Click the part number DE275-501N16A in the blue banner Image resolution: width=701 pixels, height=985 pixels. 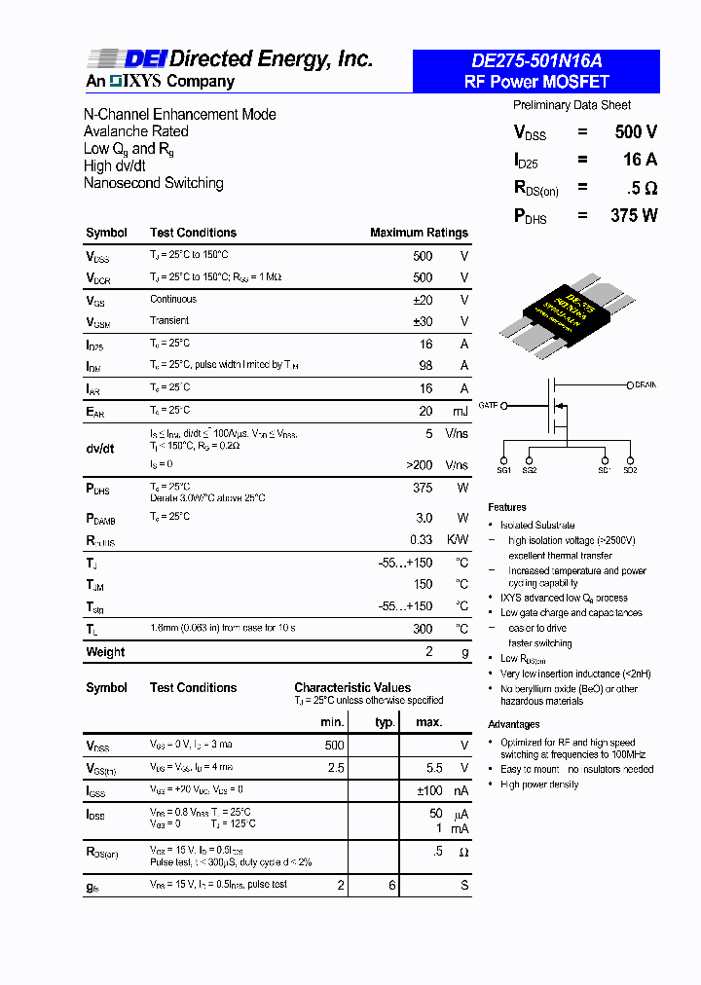(535, 61)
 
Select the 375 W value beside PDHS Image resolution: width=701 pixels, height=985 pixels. (634, 216)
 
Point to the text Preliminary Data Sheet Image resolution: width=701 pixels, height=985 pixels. (572, 105)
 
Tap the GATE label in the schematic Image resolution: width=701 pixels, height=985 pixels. (488, 404)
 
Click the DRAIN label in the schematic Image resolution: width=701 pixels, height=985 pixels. (646, 385)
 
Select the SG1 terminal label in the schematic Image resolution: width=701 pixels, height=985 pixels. (504, 470)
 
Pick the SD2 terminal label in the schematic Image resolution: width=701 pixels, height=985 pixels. (630, 470)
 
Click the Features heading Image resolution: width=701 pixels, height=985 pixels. (507, 507)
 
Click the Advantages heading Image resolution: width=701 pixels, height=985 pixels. (514, 724)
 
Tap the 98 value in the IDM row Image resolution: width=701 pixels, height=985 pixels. (425, 366)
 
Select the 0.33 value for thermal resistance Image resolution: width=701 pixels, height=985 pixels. (421, 540)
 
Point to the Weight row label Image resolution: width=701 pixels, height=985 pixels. (105, 652)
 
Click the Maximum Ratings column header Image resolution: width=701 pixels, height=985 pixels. (419, 233)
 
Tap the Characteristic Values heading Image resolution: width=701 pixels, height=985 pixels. (352, 687)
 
